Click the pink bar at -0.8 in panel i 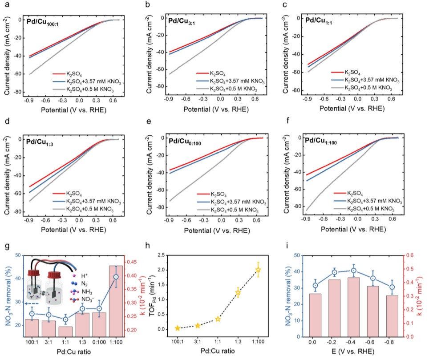point(392,316)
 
